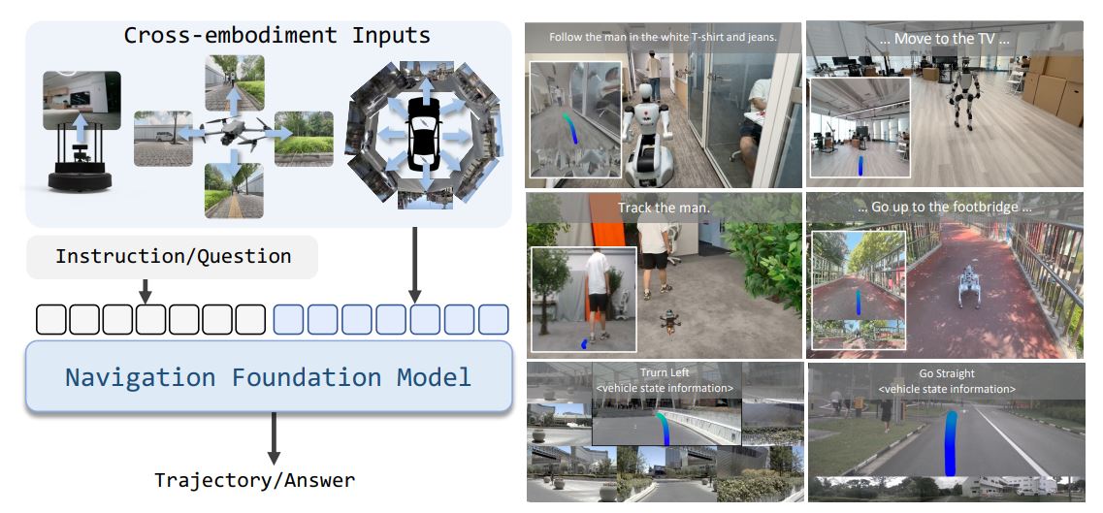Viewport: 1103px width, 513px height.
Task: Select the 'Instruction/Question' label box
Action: [x=173, y=257]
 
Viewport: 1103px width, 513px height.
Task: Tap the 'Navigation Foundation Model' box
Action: [x=268, y=376]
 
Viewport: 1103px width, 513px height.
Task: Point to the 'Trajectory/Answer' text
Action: [x=254, y=479]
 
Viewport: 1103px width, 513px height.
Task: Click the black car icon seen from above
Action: [x=422, y=132]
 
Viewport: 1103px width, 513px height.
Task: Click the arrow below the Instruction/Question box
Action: [x=145, y=289]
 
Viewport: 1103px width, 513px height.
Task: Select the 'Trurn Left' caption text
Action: [x=665, y=372]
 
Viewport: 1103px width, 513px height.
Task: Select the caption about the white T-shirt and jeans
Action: [x=663, y=37]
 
